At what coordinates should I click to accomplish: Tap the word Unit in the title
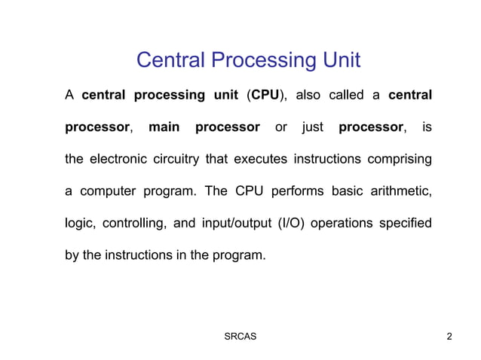click(339, 59)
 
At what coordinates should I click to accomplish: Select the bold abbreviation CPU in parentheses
click(265, 96)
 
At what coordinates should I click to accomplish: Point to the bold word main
click(164, 127)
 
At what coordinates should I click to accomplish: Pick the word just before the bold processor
click(313, 127)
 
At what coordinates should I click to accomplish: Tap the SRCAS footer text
click(240, 336)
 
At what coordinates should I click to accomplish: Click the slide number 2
click(449, 336)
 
